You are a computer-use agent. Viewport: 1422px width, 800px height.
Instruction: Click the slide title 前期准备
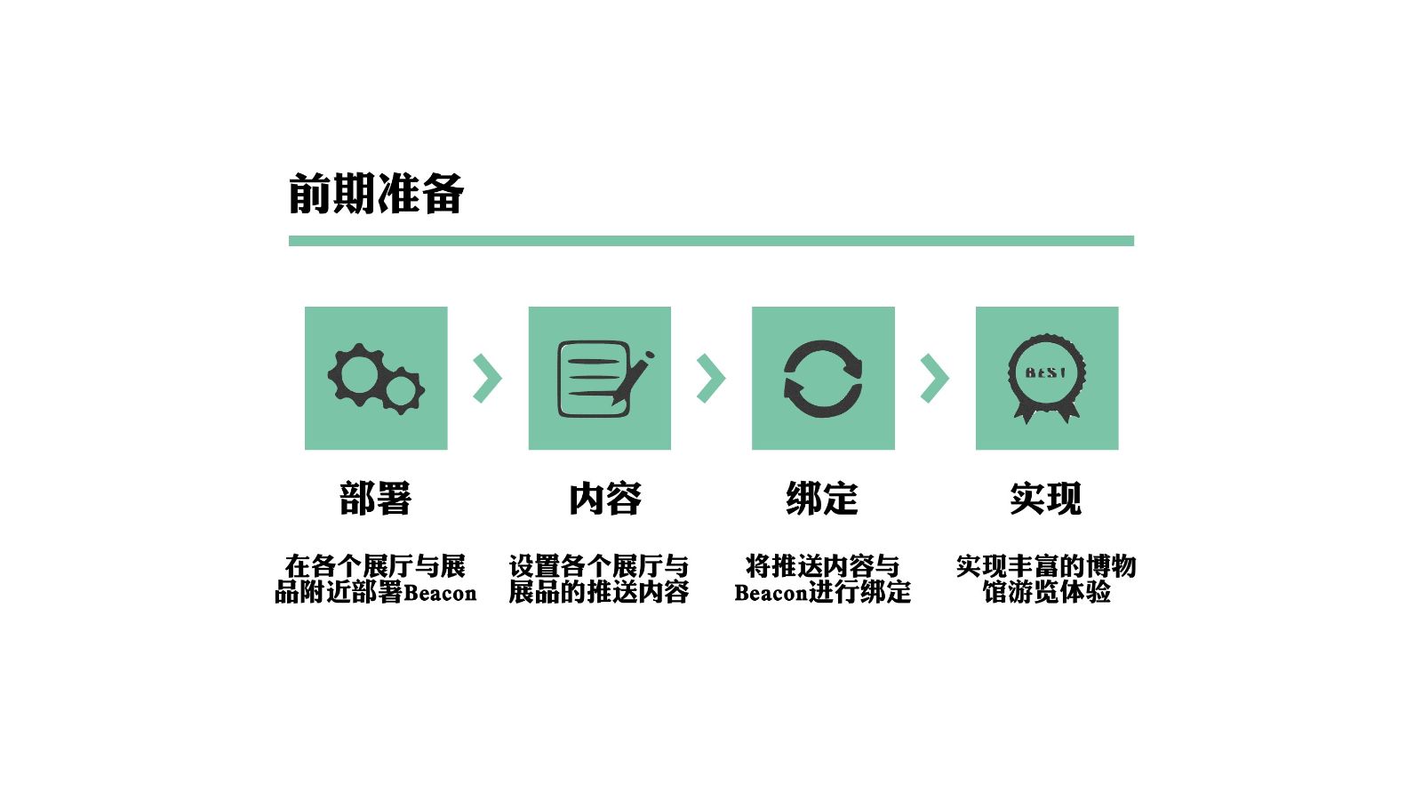(x=376, y=194)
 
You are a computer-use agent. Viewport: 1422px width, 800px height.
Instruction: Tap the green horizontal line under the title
(x=711, y=241)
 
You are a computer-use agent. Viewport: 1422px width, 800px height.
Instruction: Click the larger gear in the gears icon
(x=359, y=374)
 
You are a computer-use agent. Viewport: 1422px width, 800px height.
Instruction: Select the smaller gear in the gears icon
(x=403, y=390)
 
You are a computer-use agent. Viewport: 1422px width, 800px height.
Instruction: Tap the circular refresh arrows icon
(x=823, y=379)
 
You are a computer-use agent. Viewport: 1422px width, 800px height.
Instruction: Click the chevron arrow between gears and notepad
(x=487, y=379)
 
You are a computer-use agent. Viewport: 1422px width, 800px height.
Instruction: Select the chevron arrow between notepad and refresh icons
(x=711, y=379)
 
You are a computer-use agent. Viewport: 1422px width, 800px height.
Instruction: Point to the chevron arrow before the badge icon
(x=934, y=379)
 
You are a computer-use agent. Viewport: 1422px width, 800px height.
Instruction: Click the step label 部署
(x=375, y=499)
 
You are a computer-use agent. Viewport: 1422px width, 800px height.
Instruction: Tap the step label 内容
(x=605, y=499)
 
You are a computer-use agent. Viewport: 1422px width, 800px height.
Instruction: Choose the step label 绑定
(x=822, y=499)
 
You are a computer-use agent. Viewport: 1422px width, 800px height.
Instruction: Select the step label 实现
(x=1046, y=499)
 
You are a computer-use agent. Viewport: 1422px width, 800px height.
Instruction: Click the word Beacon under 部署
(x=440, y=593)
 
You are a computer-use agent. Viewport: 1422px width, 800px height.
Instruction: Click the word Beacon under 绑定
(x=771, y=593)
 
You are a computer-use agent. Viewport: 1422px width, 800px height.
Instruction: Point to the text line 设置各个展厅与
(x=598, y=566)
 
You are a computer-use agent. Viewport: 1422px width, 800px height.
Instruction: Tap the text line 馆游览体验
(x=1046, y=592)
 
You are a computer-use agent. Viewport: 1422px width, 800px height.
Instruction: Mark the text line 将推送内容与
(x=822, y=566)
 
